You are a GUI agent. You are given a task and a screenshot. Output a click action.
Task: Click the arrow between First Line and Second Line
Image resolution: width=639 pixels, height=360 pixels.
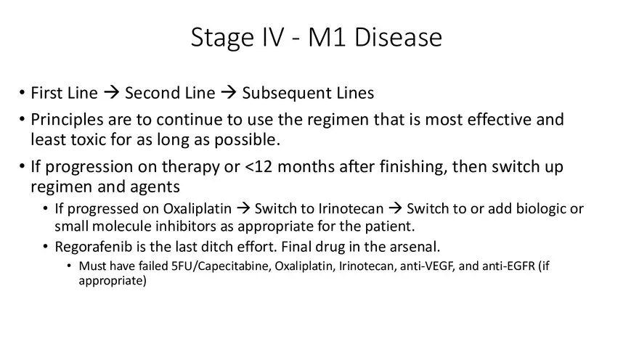[x=111, y=93]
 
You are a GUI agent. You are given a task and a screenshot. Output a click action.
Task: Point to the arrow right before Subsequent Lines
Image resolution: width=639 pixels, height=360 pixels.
[x=228, y=93]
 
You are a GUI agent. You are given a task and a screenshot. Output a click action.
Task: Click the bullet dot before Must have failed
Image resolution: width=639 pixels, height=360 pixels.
[x=70, y=266]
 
